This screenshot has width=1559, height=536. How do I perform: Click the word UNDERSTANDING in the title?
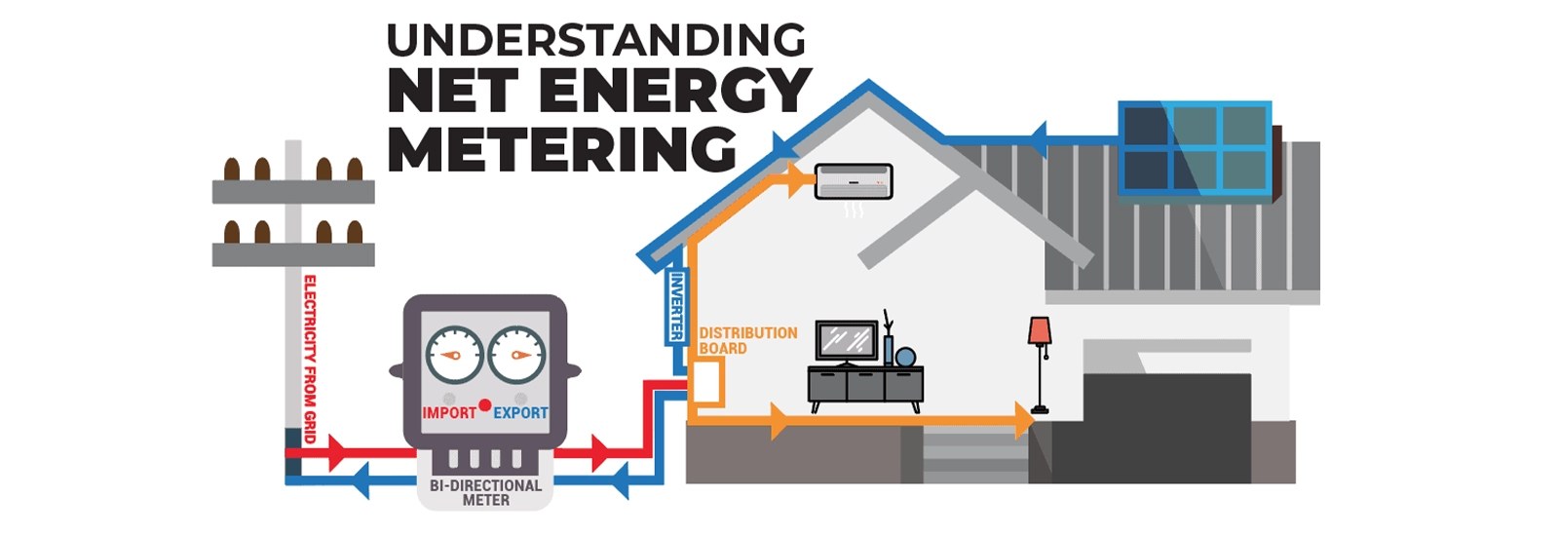[x=595, y=41]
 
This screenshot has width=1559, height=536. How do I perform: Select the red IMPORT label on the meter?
[x=448, y=413]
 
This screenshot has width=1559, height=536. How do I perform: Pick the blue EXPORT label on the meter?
[x=520, y=413]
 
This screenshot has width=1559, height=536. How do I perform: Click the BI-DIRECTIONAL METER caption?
[x=485, y=492]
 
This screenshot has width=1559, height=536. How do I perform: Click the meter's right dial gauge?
[x=516, y=354]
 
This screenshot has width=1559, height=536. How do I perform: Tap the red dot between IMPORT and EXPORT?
[x=484, y=404]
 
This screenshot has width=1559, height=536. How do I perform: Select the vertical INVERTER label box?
[x=675, y=306]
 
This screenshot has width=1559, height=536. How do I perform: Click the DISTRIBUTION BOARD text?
[x=747, y=340]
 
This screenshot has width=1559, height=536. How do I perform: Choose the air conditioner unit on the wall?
[x=853, y=181]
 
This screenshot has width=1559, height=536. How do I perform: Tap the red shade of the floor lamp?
[x=1040, y=330]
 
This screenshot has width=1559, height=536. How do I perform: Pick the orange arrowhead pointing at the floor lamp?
[x=1022, y=420]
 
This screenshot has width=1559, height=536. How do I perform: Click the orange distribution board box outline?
[x=708, y=382]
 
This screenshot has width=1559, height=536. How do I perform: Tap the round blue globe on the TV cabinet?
[x=905, y=357]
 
